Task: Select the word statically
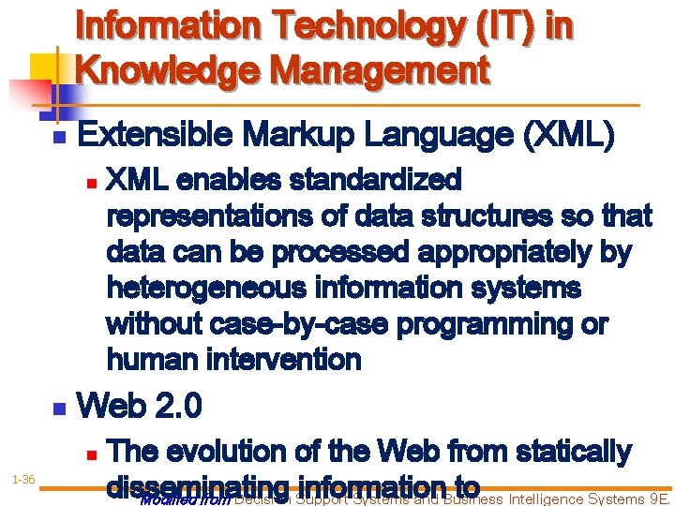coord(567,452)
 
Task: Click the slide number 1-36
coord(23,481)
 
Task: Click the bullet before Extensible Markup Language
coord(58,139)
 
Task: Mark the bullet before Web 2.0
coord(58,409)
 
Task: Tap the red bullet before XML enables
coord(90,181)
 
